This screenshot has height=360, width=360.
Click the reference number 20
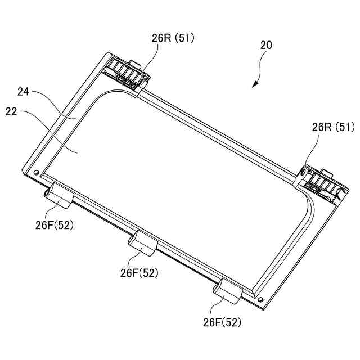[266, 45]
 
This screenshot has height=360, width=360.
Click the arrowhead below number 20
[255, 84]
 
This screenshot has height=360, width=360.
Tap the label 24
[23, 92]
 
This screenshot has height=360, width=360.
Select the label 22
[11, 112]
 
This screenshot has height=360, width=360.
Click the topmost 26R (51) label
[173, 38]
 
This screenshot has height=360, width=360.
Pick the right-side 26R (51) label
[334, 127]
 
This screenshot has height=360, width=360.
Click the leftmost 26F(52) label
[55, 225]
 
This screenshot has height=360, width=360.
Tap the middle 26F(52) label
[139, 273]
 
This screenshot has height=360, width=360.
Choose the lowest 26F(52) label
[222, 322]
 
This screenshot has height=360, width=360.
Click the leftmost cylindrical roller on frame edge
[59, 195]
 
